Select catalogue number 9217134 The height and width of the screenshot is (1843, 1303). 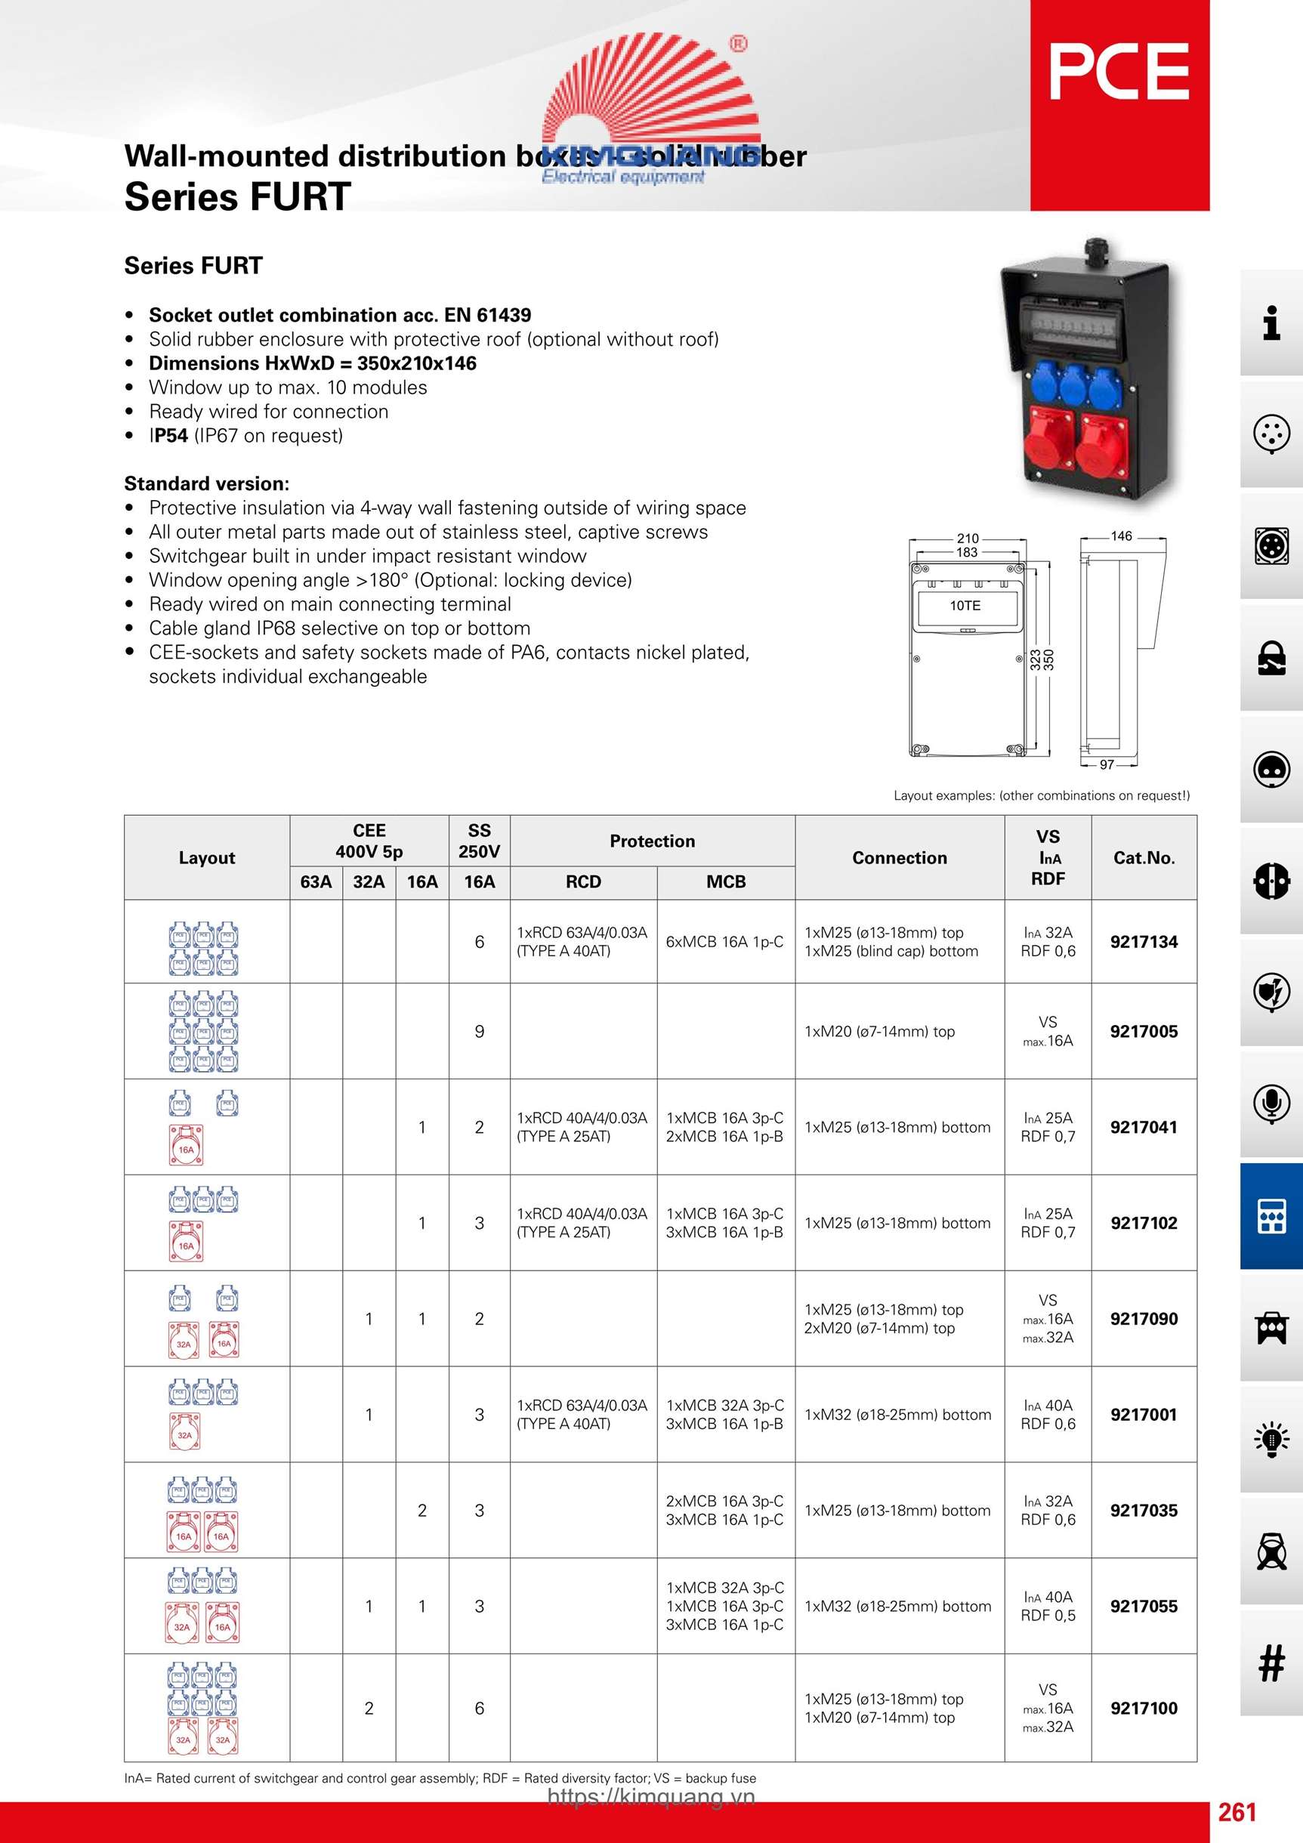[1143, 942]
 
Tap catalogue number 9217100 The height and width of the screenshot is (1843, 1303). [1143, 1707]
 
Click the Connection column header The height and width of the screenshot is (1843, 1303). [899, 857]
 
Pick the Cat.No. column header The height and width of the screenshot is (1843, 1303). [1143, 857]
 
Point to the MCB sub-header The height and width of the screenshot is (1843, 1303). [726, 881]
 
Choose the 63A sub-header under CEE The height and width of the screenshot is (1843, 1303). [316, 881]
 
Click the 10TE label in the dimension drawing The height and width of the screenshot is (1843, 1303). [965, 605]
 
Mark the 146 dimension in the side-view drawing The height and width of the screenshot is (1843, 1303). [1121, 536]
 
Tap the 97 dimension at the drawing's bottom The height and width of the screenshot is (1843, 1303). [1107, 764]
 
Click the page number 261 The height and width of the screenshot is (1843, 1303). [1237, 1812]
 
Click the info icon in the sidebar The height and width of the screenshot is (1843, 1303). [1271, 323]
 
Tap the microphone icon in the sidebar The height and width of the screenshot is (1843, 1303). [1271, 1104]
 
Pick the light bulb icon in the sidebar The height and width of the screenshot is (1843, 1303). [1271, 1438]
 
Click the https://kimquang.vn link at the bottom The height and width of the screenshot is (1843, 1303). [651, 1796]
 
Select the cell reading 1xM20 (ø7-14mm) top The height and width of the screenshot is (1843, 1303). [879, 1032]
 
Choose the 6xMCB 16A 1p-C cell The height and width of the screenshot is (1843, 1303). [724, 942]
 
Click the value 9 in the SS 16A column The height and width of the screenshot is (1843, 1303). [480, 1032]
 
